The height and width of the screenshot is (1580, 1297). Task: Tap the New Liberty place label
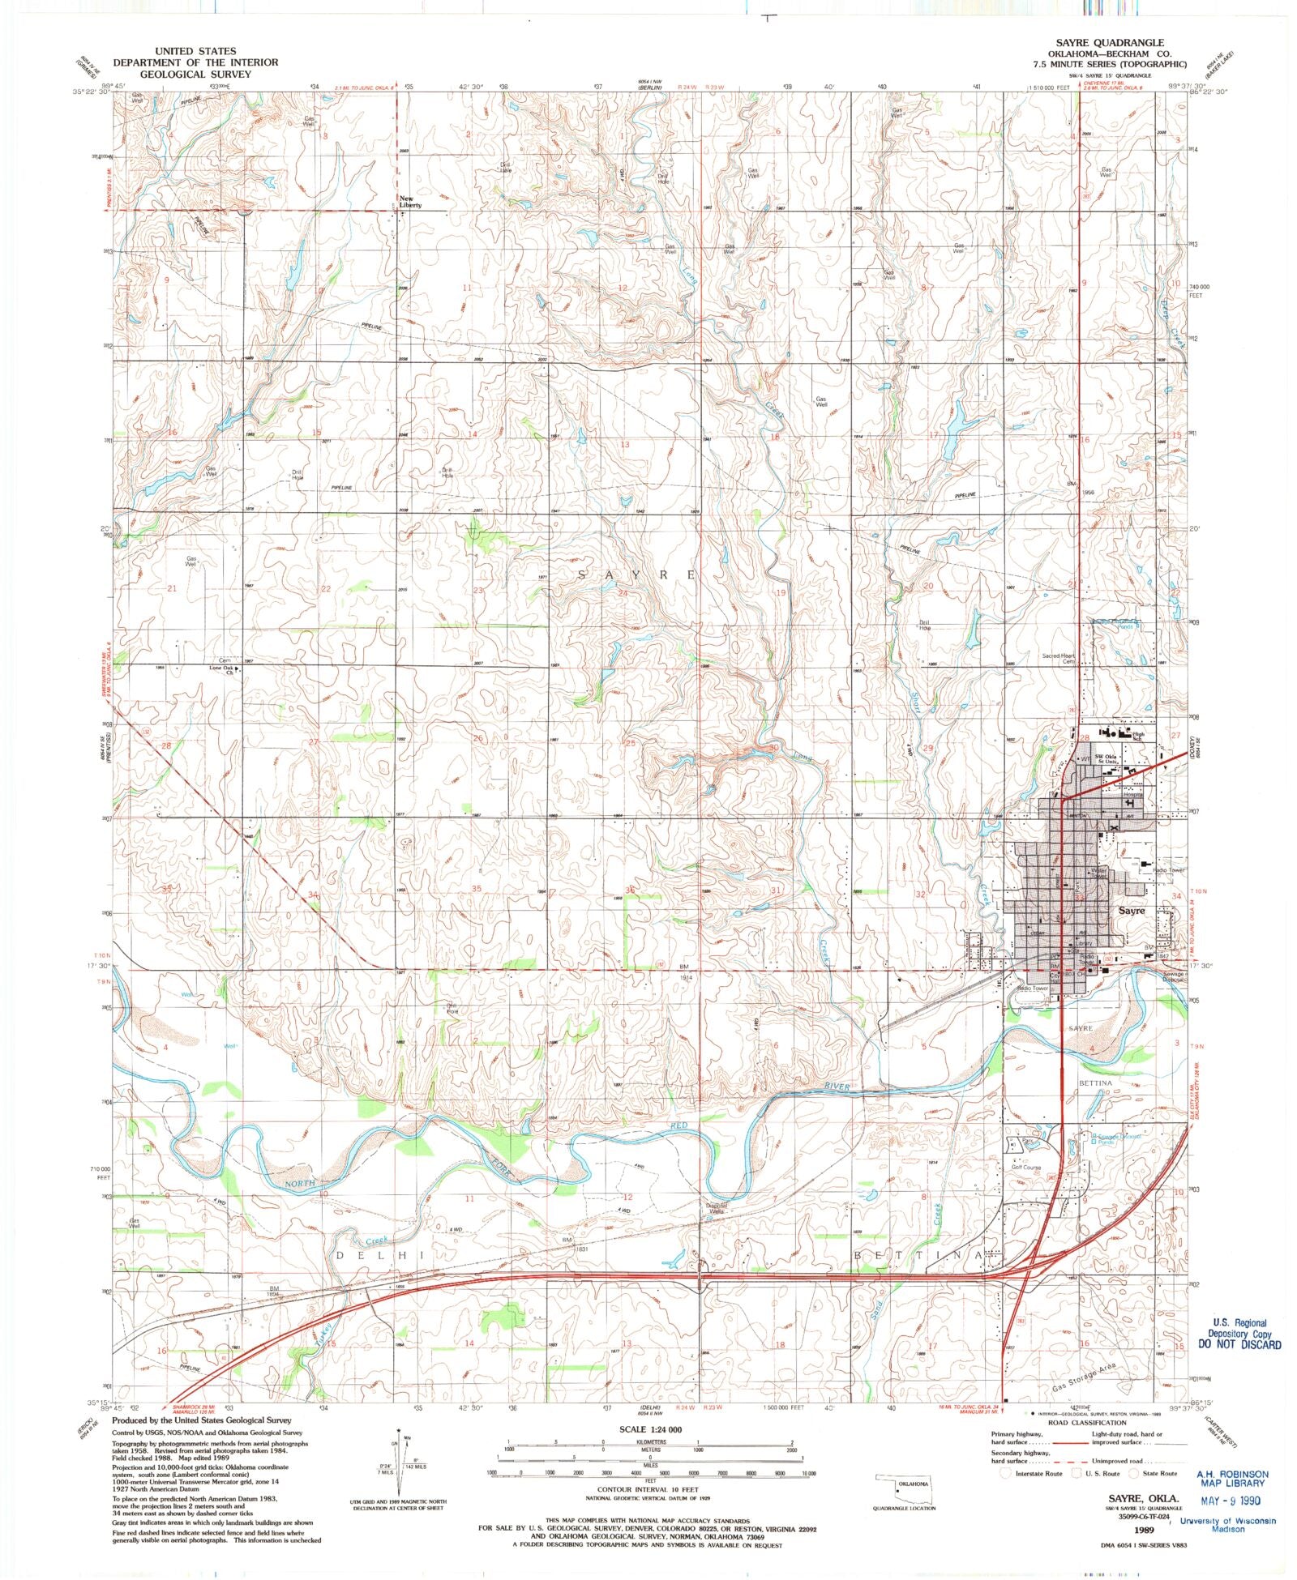click(409, 202)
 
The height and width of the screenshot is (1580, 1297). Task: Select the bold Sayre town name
click(1132, 910)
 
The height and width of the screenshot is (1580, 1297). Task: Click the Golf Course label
click(1025, 1168)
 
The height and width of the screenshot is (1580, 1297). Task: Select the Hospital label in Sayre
click(1132, 795)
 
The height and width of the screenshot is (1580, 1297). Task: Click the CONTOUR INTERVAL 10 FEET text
click(646, 1489)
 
